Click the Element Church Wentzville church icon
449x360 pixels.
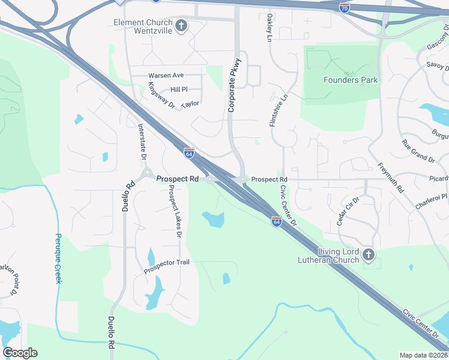(182, 25)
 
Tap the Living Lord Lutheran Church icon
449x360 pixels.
(369, 256)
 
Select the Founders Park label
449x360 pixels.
(351, 80)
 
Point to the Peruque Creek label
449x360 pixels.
(58, 259)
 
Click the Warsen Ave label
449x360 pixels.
(166, 76)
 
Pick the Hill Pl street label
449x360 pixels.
(179, 89)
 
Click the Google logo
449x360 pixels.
(20, 353)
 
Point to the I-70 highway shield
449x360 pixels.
(344, 7)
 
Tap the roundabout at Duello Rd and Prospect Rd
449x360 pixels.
(146, 175)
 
